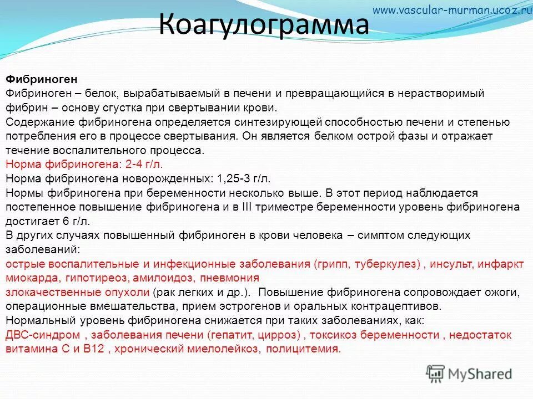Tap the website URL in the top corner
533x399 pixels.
pos(452,9)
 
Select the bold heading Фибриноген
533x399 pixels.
pos(41,80)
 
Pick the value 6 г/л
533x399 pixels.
pos(70,221)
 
